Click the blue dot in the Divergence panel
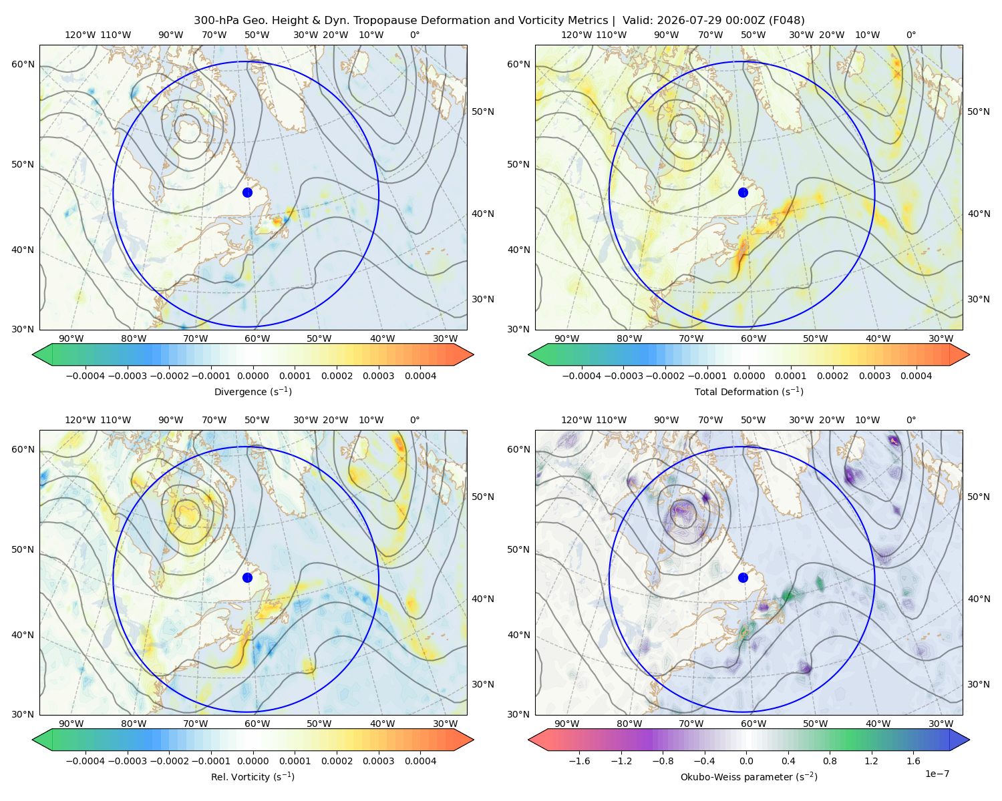[x=247, y=193]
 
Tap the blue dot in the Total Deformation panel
[x=743, y=193]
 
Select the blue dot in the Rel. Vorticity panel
[x=247, y=577]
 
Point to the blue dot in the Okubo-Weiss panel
[x=743, y=577]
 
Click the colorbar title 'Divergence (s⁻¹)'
[x=253, y=391]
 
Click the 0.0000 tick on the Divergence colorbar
[x=253, y=376]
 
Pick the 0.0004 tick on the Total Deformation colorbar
[x=916, y=376]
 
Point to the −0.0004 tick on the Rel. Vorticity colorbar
[x=86, y=761]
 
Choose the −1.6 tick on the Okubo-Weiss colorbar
[x=579, y=761]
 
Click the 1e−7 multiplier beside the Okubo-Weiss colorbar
[x=937, y=774]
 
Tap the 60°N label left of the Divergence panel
[x=23, y=64]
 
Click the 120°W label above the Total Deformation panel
[x=576, y=35]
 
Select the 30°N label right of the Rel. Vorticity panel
[x=483, y=684]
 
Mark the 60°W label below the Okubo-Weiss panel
[x=753, y=724]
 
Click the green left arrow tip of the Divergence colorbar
[x=33, y=354]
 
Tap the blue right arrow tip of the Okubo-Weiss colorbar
[x=969, y=740]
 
